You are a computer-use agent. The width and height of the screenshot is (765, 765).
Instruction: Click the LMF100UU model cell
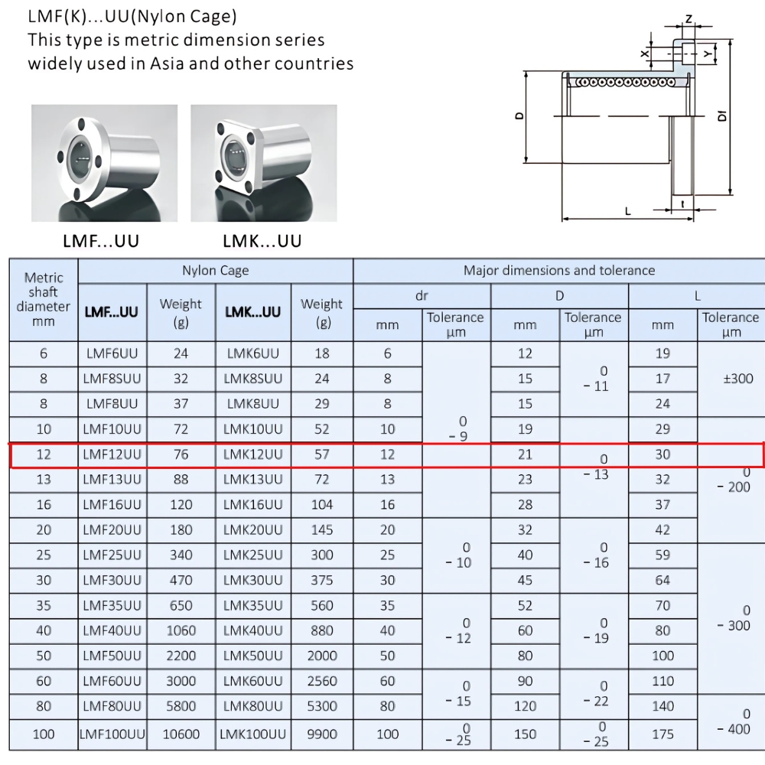pyautogui.click(x=112, y=734)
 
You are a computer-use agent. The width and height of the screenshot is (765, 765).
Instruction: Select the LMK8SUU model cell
pyautogui.click(x=253, y=379)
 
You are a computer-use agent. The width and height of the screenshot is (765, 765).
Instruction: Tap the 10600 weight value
pyautogui.click(x=181, y=734)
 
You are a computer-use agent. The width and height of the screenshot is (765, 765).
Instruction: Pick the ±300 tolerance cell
pyautogui.click(x=731, y=379)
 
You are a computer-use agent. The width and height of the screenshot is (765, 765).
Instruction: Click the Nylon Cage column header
pyautogui.click(x=215, y=271)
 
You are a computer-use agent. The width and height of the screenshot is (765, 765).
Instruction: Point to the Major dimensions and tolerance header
pyautogui.click(x=559, y=271)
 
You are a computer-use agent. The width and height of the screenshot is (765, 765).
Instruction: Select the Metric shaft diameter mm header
pyautogui.click(x=44, y=299)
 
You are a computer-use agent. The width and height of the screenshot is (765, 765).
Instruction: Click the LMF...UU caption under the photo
pyautogui.click(x=101, y=242)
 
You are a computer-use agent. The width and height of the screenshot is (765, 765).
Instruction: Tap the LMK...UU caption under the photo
pyautogui.click(x=262, y=242)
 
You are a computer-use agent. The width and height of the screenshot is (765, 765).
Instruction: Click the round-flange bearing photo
pyautogui.click(x=104, y=163)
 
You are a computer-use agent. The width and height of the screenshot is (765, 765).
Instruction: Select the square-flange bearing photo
pyautogui.click(x=263, y=163)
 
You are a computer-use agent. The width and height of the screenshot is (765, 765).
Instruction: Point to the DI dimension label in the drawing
pyautogui.click(x=721, y=117)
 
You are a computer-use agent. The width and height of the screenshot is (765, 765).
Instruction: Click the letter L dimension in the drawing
pyautogui.click(x=627, y=211)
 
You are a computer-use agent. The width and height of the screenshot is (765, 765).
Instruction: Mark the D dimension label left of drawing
pyautogui.click(x=519, y=116)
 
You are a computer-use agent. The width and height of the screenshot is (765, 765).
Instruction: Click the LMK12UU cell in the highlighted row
pyautogui.click(x=253, y=454)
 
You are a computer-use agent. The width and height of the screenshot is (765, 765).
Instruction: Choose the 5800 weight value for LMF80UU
pyautogui.click(x=181, y=706)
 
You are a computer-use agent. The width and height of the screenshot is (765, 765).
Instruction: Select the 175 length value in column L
pyautogui.click(x=662, y=734)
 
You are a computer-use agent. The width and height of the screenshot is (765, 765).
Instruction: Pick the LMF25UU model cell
pyautogui.click(x=112, y=555)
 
